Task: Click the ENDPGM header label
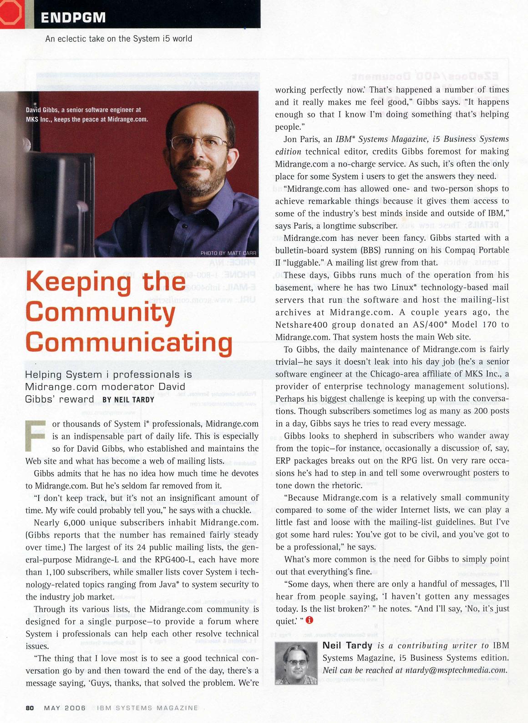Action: tap(73, 17)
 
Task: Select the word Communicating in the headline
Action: tap(129, 342)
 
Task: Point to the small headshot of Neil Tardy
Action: tap(296, 663)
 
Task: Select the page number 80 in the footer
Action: tap(30, 708)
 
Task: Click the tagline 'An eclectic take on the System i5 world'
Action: tap(119, 39)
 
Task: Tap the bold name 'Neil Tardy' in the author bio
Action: tap(347, 645)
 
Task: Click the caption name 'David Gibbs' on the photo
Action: tap(42, 110)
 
